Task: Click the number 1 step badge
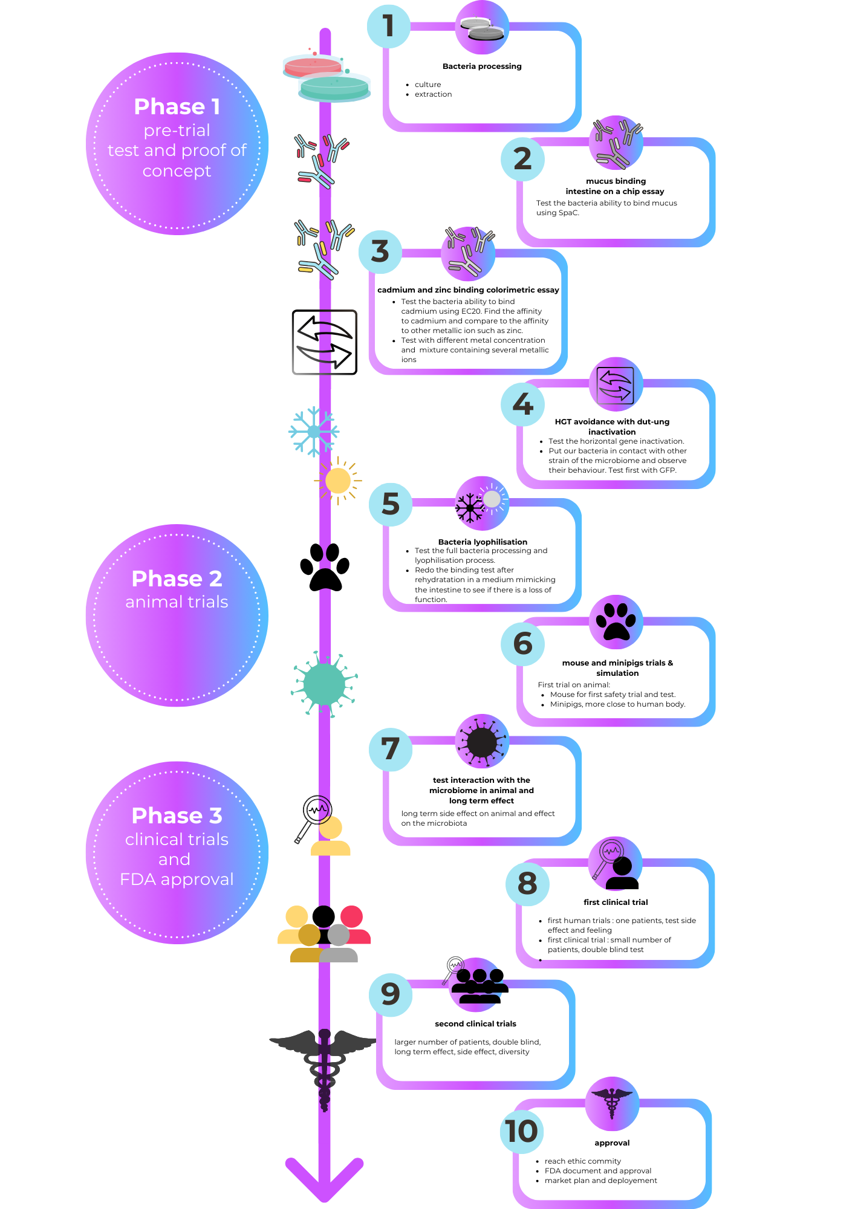[389, 27]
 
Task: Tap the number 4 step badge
[522, 404]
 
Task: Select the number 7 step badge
[391, 749]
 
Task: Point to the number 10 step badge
[522, 1131]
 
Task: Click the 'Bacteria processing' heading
[482, 66]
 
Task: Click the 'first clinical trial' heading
[616, 902]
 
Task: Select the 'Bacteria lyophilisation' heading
[483, 542]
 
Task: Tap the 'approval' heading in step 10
[612, 1143]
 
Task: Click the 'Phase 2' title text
[177, 579]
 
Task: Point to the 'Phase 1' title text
[177, 106]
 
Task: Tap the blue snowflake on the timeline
[314, 432]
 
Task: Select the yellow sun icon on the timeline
[337, 481]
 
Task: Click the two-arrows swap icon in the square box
[325, 342]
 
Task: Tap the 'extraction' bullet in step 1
[433, 94]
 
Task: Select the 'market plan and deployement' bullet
[600, 1181]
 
